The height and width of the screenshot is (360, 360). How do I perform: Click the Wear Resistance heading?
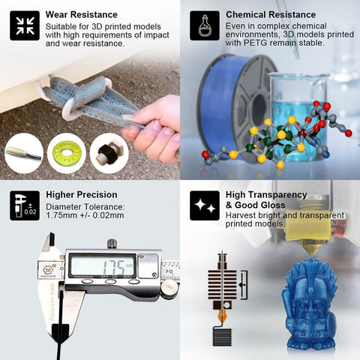click(82, 15)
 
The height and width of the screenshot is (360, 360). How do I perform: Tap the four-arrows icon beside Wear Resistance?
click(25, 25)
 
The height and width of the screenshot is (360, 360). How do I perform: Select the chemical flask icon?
click(205, 25)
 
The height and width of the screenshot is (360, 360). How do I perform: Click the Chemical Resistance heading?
click(271, 15)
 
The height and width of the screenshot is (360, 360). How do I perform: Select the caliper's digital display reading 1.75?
click(103, 265)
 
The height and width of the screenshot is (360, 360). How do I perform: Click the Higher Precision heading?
click(82, 195)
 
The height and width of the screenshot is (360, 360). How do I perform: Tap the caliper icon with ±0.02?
click(25, 205)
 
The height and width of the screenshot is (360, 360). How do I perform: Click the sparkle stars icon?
click(205, 205)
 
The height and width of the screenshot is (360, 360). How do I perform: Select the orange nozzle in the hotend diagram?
click(222, 316)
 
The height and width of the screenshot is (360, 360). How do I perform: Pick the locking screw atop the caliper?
click(112, 244)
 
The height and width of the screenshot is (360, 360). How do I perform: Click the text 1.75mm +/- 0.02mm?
click(85, 215)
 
